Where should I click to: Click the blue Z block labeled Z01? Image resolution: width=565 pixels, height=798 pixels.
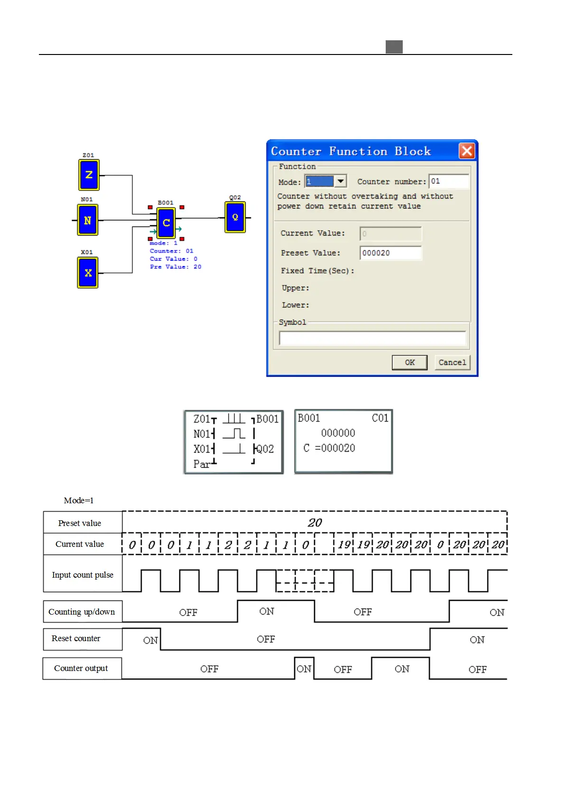89,175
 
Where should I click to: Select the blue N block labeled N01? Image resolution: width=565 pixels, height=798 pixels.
88,220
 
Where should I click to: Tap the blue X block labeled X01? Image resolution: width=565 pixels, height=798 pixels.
88,273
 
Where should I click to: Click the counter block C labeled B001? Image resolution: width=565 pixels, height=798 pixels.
166,223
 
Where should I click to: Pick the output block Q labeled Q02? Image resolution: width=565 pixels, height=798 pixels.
235,218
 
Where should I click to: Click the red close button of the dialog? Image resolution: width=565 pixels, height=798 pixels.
467,151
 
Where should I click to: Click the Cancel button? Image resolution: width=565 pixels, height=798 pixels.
452,363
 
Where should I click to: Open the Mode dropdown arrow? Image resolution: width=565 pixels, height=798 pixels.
341,181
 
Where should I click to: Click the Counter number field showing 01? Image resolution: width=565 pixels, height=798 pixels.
448,181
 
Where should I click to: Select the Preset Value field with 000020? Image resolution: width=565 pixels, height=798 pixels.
390,253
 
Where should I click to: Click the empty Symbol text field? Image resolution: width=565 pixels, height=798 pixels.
372,338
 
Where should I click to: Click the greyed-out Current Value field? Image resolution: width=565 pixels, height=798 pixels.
390,234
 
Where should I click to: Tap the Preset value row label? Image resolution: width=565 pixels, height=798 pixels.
80,523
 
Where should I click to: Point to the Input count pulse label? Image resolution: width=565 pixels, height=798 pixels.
83,575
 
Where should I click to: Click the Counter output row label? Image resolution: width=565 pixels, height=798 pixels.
81,668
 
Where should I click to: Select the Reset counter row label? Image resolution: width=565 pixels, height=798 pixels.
76,638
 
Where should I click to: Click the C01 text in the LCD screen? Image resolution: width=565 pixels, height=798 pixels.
380,418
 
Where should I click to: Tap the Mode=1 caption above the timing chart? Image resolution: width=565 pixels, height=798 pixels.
79,500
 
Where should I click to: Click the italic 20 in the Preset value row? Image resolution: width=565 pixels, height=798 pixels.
315,523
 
